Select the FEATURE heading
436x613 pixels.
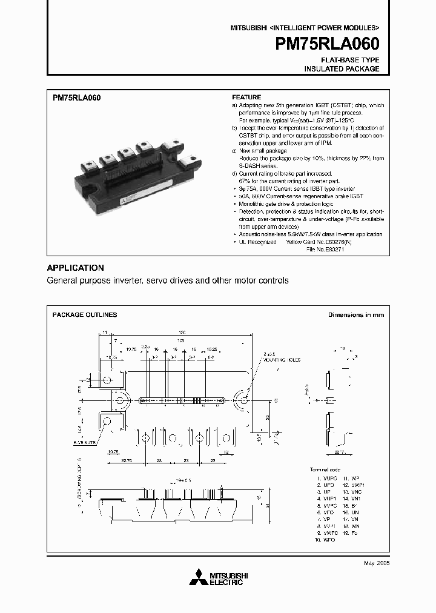coord(246,97)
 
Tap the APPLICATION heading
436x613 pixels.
coord(75,268)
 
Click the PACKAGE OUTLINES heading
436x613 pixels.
coord(85,315)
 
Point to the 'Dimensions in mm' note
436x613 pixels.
coord(355,315)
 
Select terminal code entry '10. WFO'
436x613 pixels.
coord(325,538)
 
